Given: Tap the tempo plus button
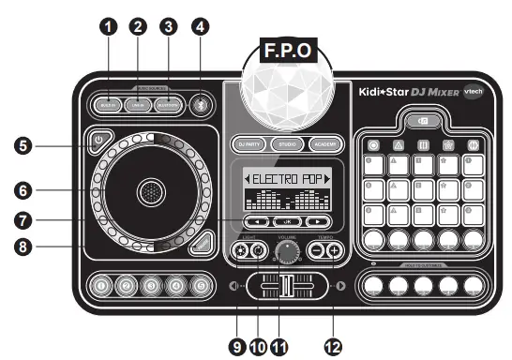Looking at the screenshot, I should pos(334,250).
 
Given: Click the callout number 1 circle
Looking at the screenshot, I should pos(113,26).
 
